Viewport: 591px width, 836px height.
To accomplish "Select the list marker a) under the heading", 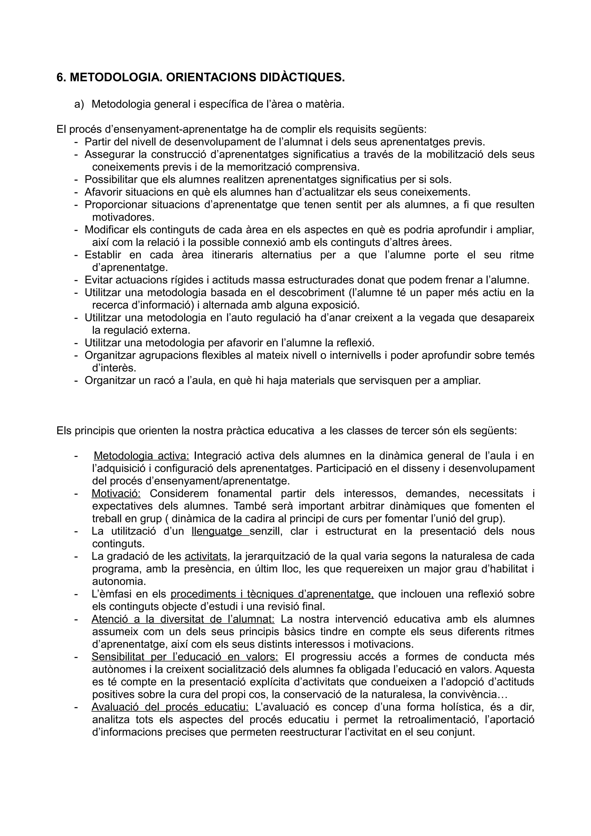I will click(79, 104).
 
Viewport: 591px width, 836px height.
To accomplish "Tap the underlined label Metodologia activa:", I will click(141, 456).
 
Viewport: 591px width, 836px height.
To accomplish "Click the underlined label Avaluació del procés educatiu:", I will click(170, 707).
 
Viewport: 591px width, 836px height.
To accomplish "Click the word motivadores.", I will click(124, 218).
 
